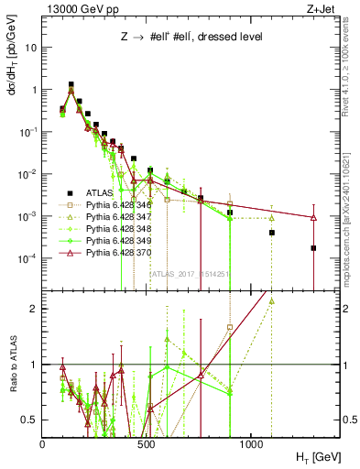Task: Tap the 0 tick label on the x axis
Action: pyautogui.click(x=43, y=443)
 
